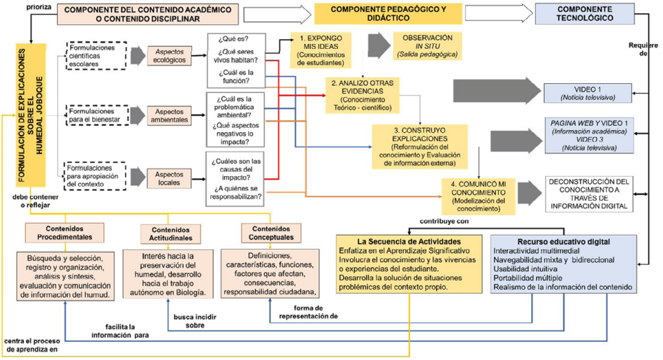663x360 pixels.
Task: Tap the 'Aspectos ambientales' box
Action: [165, 115]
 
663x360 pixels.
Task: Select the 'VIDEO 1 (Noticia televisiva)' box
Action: [588, 92]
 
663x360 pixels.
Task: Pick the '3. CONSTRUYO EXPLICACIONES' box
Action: [418, 145]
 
